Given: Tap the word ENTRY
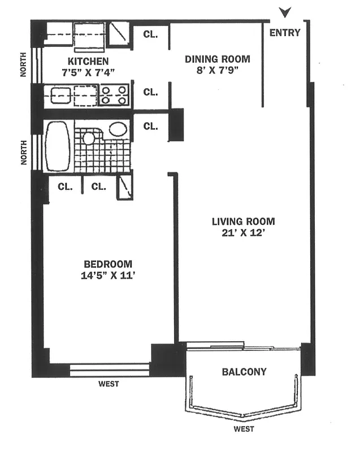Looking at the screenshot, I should coord(285,33).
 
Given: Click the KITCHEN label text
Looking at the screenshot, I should coord(88,61).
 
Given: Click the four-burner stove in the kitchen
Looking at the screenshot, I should coord(115,95).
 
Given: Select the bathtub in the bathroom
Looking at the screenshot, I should coord(57,146).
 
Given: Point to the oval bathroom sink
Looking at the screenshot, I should coord(118,129).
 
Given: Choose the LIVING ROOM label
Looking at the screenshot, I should coord(243,221).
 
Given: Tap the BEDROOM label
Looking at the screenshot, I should coord(108,264).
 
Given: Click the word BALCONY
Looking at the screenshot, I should coord(244,372).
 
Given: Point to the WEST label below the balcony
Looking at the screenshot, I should coord(244,429).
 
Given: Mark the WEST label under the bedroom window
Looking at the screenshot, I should coord(109,384).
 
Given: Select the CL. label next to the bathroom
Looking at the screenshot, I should coord(150,126).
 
